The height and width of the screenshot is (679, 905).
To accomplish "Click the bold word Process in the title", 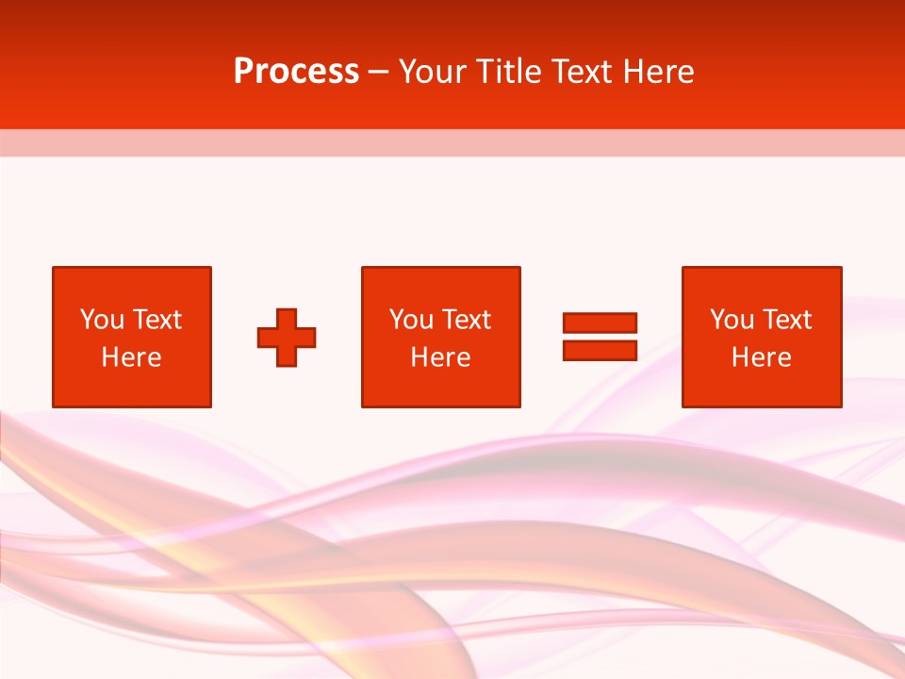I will tap(296, 72).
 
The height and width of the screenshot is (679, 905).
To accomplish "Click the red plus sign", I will tap(287, 337).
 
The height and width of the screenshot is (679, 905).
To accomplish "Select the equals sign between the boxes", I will tap(601, 337).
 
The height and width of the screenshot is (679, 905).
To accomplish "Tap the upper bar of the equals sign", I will tap(601, 323).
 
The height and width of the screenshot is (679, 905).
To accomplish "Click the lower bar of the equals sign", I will tap(601, 350).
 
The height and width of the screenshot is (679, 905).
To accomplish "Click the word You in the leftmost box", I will tap(102, 320).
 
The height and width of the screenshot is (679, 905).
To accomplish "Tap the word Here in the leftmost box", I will tap(132, 357).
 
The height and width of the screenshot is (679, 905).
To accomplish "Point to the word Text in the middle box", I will tap(467, 320).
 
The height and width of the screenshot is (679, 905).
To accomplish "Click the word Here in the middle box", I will tap(440, 357).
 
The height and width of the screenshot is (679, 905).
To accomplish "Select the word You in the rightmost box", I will tap(732, 320).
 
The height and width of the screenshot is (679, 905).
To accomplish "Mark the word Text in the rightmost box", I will tap(787, 320).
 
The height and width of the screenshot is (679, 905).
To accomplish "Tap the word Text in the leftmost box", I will tap(157, 320).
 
